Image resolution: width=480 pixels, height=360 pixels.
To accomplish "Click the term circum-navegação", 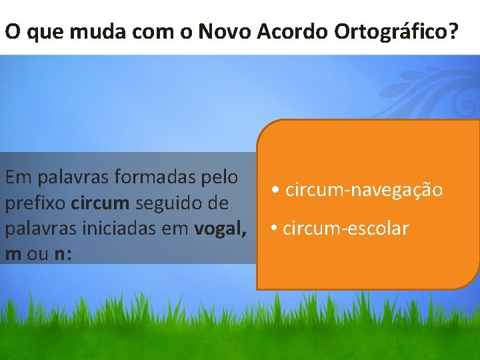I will [363, 190].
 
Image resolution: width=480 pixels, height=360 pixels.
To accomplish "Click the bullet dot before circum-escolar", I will [274, 229].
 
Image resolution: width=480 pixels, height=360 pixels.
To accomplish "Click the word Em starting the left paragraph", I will [17, 178].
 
